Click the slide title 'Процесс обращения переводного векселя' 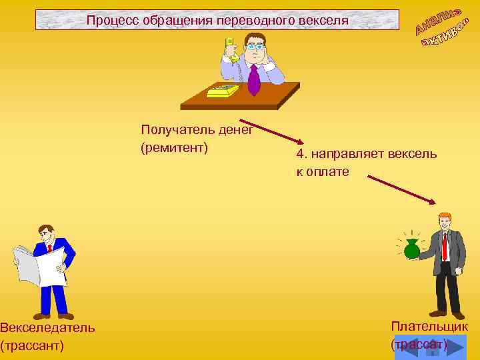click(x=217, y=21)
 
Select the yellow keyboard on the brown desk click(x=223, y=91)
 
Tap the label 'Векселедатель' click(x=47, y=327)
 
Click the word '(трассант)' click(x=32, y=345)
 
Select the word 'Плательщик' click(x=429, y=326)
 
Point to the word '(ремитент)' click(x=175, y=147)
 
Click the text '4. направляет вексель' click(x=367, y=154)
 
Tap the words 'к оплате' click(x=323, y=171)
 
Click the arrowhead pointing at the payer click(x=433, y=202)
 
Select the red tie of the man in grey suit click(x=445, y=246)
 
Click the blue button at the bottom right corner click(x=430, y=347)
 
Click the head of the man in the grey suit click(x=444, y=220)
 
